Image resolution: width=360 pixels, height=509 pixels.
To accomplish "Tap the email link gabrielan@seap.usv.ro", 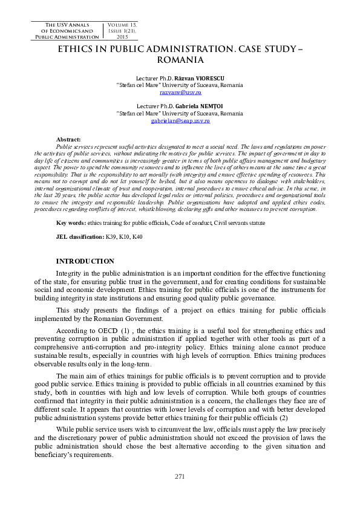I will point(180,121).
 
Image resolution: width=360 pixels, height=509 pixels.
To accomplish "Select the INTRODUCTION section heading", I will point(85,261).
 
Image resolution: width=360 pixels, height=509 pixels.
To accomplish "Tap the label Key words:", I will point(70,206).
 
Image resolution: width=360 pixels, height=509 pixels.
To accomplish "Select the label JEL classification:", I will point(80,221).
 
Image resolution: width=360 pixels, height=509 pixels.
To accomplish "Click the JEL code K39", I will point(112,221).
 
